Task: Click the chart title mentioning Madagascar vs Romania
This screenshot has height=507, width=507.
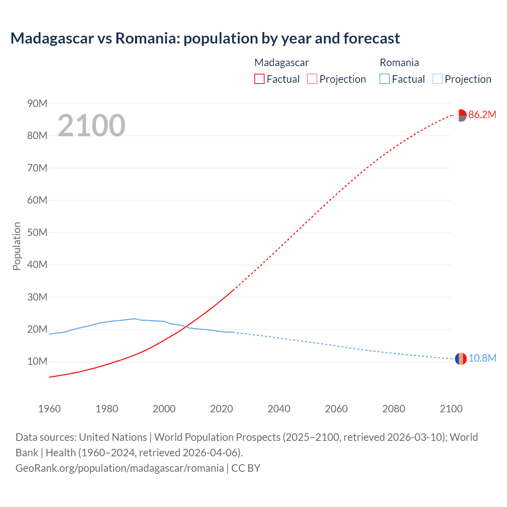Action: (x=205, y=38)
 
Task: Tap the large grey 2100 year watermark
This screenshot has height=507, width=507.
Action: (x=91, y=126)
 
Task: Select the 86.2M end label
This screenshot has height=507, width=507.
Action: (x=482, y=115)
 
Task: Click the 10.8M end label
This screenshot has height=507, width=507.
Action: (x=482, y=358)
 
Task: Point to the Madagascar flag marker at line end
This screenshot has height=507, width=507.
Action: (x=461, y=115)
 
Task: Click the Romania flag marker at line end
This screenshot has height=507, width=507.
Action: (x=461, y=359)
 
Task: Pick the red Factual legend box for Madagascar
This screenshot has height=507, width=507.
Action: (x=259, y=79)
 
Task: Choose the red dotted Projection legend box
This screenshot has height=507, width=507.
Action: (x=312, y=79)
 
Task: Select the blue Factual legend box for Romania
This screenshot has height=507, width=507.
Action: (x=384, y=79)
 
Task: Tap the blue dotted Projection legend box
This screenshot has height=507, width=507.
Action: (x=437, y=79)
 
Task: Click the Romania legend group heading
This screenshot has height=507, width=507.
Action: (x=399, y=63)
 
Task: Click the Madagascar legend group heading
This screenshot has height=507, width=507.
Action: (x=281, y=63)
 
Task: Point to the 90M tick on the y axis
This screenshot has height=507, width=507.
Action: (x=37, y=104)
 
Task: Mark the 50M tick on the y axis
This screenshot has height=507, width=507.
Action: (x=37, y=233)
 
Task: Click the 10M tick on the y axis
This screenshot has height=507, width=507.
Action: (x=37, y=362)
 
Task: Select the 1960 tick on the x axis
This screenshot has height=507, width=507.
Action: (x=50, y=409)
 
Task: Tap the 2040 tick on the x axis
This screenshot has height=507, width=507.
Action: (x=279, y=409)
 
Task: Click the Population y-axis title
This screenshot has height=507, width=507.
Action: (x=17, y=246)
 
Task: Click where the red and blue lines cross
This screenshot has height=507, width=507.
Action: (x=185, y=327)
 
